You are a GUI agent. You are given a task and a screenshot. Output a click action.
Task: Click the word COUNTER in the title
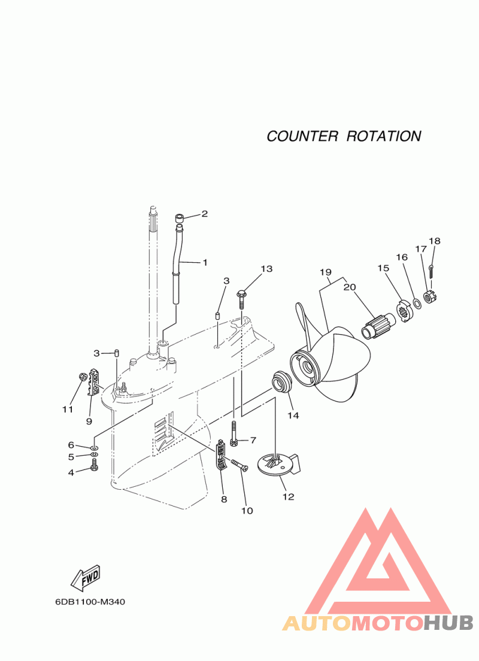pyautogui.click(x=302, y=136)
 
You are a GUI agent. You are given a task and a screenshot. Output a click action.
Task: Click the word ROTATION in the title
pyautogui.click(x=384, y=136)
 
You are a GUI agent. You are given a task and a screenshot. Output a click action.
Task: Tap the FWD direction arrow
pyautogui.click(x=86, y=576)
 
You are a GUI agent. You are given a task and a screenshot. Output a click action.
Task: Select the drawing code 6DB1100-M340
pyautogui.click(x=90, y=602)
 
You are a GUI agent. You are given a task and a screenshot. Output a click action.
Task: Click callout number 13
pyautogui.click(x=266, y=269)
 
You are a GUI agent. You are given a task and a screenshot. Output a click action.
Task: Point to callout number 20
pyautogui.click(x=350, y=287)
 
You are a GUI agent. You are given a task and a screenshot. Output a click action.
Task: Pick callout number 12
pyautogui.click(x=289, y=496)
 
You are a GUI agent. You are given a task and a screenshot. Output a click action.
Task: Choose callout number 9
pyautogui.click(x=89, y=421)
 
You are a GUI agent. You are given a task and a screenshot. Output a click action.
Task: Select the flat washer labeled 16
pyautogui.click(x=417, y=303)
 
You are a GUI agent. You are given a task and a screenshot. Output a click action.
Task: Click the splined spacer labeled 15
pyautogui.click(x=404, y=314)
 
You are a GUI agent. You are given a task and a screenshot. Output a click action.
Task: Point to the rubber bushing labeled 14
pyautogui.click(x=280, y=381)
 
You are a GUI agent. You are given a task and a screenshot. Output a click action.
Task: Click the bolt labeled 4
pyautogui.click(x=94, y=465)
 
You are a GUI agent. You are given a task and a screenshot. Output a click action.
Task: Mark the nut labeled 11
pyautogui.click(x=83, y=375)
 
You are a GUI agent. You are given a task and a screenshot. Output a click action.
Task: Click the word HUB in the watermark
pyautogui.click(x=448, y=623)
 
